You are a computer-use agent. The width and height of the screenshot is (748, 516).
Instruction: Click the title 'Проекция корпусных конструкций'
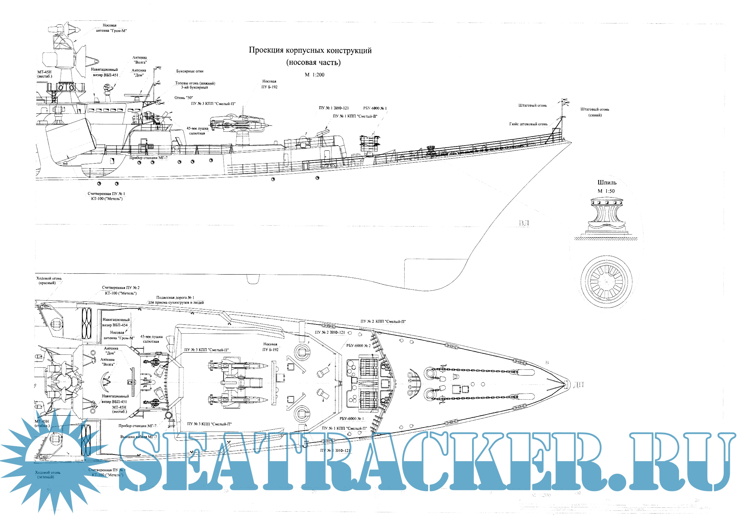tap(310, 50)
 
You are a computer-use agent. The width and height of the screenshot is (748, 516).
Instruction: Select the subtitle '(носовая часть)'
tap(313, 62)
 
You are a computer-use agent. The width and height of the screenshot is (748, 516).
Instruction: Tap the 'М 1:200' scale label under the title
tap(314, 75)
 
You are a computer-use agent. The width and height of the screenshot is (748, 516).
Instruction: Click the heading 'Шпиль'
tap(607, 183)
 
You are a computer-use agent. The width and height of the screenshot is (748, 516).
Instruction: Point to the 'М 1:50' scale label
tap(606, 191)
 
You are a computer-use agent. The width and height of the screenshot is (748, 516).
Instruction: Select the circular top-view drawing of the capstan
tap(606, 281)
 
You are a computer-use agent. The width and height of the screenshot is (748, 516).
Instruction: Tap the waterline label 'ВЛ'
tap(524, 223)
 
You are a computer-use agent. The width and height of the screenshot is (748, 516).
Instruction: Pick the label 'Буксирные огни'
tap(190, 71)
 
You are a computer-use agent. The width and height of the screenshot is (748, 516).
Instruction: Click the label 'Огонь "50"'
tap(184, 98)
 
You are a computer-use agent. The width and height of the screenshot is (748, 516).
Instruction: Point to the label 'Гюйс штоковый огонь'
tap(528, 124)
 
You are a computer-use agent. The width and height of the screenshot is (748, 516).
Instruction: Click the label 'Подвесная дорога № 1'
tap(175, 297)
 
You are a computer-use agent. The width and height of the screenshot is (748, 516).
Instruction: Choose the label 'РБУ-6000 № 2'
tap(358, 346)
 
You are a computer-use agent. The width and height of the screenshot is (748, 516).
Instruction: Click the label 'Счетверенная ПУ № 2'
tap(121, 287)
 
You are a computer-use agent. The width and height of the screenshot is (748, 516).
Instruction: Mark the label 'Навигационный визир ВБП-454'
tap(116, 322)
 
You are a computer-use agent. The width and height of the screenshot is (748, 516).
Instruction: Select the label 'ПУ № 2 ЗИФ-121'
tap(330, 332)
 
